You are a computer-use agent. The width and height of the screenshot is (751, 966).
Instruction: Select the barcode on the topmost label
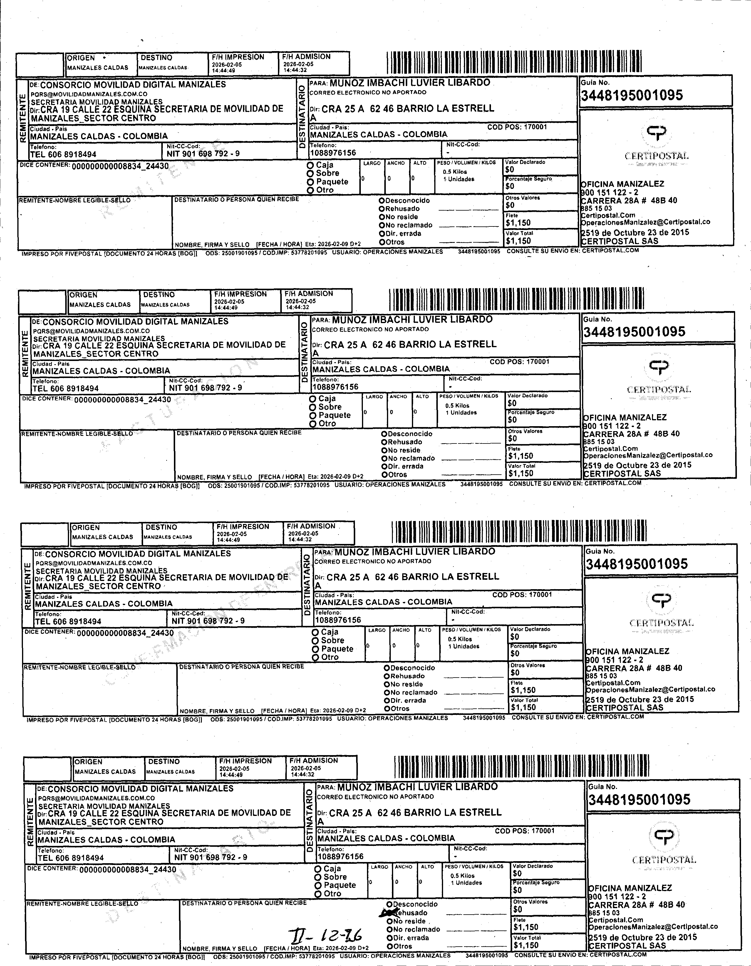pyautogui.click(x=514, y=62)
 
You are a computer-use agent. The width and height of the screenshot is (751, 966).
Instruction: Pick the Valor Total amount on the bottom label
pyautogui.click(x=526, y=945)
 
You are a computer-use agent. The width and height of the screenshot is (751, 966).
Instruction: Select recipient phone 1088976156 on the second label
pyautogui.click(x=336, y=387)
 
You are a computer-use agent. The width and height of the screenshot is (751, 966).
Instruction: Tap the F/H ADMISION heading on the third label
pyautogui.click(x=311, y=526)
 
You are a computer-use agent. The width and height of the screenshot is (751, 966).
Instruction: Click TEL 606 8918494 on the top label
pyautogui.click(x=63, y=154)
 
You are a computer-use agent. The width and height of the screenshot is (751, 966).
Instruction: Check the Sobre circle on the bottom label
pyautogui.click(x=318, y=877)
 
